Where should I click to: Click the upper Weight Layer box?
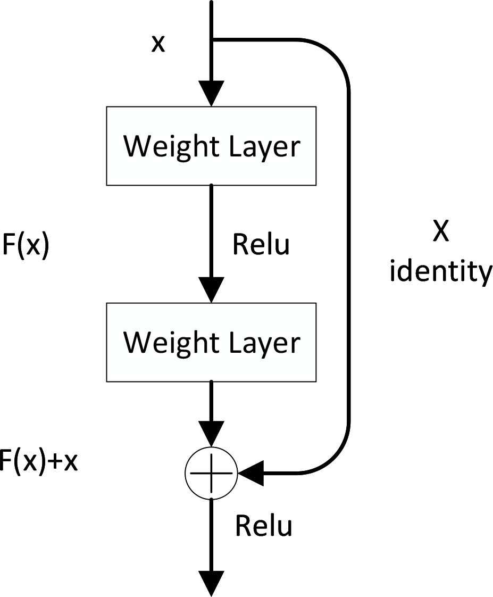tap(211, 146)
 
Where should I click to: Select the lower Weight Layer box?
tap(211, 342)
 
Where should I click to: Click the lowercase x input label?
tap(158, 44)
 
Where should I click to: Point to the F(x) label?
tap(24, 247)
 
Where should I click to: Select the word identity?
tap(441, 272)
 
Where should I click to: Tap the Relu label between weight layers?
tap(261, 244)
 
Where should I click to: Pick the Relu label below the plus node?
tap(264, 526)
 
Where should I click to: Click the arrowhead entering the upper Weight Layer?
tap(211, 95)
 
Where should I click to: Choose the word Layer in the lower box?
tap(266, 342)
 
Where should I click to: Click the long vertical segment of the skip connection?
tap(348, 255)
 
